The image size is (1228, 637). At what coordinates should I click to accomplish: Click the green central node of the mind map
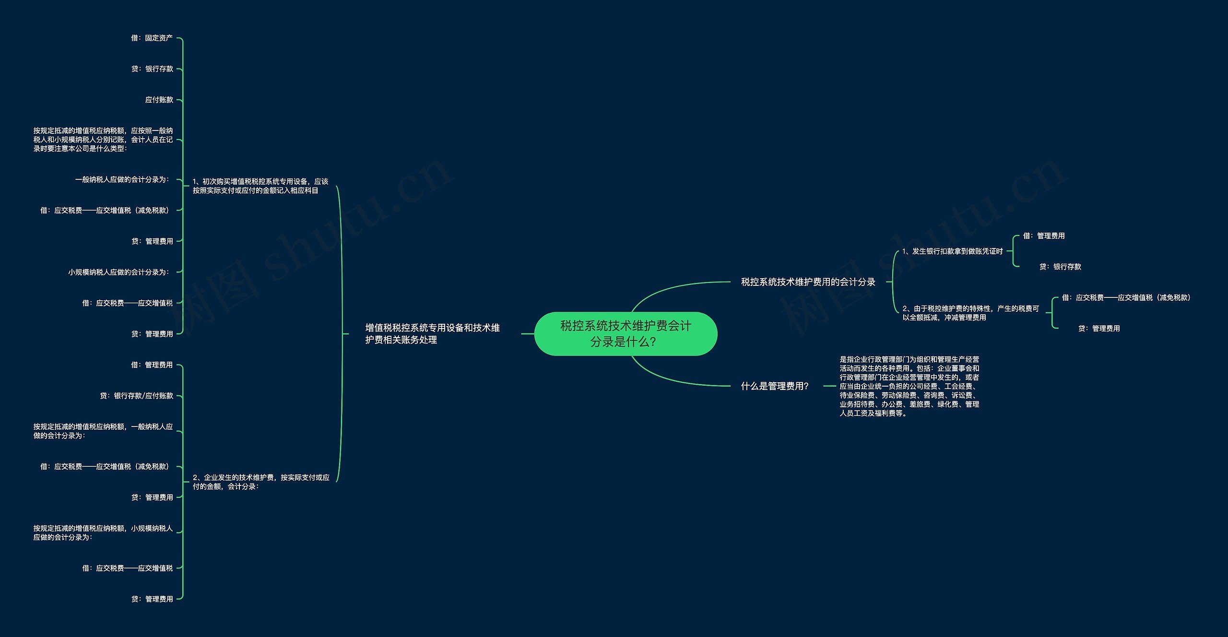click(626, 334)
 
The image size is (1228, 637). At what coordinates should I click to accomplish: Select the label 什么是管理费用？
click(775, 386)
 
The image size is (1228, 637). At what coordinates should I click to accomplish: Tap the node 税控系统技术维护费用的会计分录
click(808, 282)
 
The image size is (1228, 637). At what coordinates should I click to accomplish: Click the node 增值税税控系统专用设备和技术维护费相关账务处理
click(432, 334)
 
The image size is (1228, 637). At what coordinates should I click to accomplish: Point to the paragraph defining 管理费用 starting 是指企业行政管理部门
click(909, 386)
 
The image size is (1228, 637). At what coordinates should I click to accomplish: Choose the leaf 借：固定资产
click(152, 38)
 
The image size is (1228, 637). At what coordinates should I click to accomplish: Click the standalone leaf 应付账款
click(159, 100)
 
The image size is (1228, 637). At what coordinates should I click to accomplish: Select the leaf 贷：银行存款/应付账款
click(136, 396)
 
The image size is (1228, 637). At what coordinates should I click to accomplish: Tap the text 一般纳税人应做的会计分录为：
click(122, 179)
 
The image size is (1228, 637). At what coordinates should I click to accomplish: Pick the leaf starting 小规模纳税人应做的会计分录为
click(118, 272)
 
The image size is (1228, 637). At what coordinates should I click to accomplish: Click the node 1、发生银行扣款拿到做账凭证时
click(952, 251)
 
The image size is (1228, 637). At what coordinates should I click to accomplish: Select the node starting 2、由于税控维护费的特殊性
click(970, 313)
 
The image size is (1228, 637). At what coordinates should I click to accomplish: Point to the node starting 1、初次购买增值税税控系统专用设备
click(260, 186)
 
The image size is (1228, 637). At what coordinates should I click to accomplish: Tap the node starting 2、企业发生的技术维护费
click(261, 482)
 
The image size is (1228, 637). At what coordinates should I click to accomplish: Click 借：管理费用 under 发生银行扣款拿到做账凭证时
click(1043, 236)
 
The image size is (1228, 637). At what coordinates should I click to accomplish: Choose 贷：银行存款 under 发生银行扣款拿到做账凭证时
click(1060, 267)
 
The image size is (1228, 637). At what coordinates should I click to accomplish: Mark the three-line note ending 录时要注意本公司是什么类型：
click(103, 140)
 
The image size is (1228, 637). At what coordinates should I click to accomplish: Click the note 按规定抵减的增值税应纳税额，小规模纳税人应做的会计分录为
click(103, 533)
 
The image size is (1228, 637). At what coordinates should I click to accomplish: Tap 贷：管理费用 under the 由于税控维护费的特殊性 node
click(1099, 329)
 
